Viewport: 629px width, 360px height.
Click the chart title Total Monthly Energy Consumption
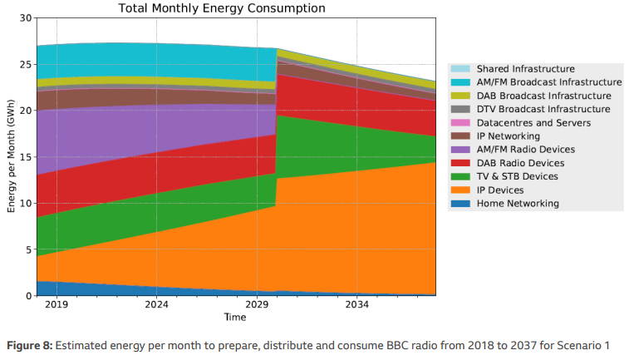click(222, 8)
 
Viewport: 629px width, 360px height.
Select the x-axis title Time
click(235, 318)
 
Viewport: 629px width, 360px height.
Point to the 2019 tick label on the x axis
click(57, 305)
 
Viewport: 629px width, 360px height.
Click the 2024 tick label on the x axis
click(156, 305)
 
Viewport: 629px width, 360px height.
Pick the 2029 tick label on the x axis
click(257, 305)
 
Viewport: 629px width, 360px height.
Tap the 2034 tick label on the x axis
click(356, 305)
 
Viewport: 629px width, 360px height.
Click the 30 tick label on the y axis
click(26, 17)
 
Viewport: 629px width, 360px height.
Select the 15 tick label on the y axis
click(26, 157)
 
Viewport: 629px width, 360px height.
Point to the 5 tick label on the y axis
click(28, 249)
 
